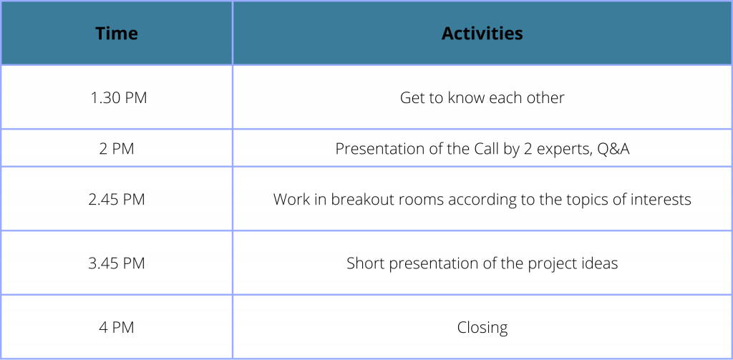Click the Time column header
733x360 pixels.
coord(117,33)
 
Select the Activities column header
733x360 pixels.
coord(482,33)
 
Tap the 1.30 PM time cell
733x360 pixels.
coord(119,98)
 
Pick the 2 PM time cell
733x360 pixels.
coord(117,149)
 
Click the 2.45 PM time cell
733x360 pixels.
coord(117,200)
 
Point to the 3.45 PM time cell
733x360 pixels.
coord(117,263)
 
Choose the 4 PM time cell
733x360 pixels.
coord(117,327)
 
